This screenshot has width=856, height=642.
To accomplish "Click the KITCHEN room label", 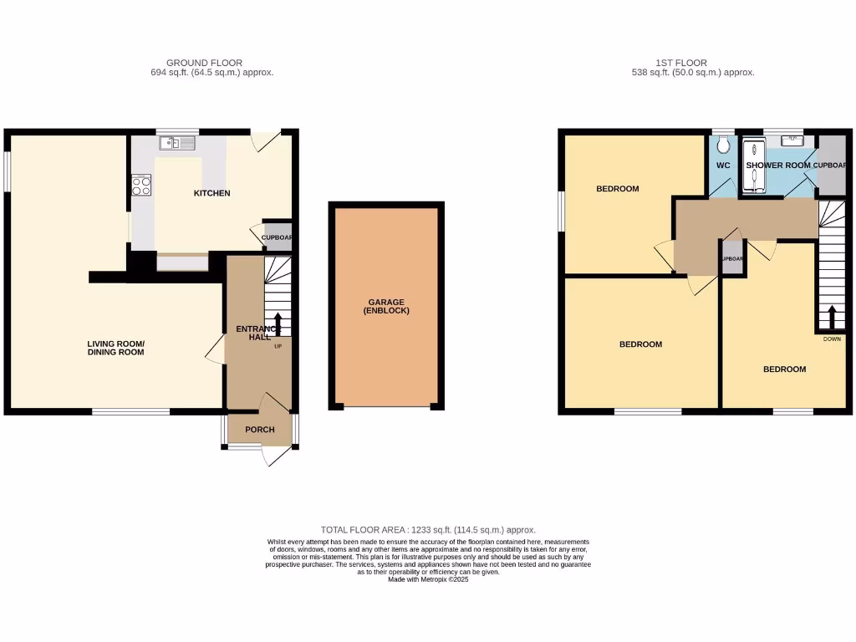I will [211, 193].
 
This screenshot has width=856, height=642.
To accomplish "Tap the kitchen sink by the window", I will [176, 144].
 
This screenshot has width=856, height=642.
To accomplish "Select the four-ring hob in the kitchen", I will [140, 185].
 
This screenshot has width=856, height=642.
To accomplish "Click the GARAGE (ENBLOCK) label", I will [386, 306].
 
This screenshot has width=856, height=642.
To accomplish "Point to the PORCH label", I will [259, 430].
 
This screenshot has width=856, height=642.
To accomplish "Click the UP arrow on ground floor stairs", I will [278, 322].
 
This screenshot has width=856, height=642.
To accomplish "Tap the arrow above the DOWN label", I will [832, 318].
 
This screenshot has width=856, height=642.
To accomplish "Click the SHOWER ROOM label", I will [778, 166].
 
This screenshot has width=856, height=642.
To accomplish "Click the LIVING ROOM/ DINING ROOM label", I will [116, 348].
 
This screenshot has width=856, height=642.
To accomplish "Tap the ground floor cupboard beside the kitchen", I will [278, 237].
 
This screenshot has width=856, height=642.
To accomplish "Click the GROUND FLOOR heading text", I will [204, 63].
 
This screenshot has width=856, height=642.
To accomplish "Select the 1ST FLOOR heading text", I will [681, 63].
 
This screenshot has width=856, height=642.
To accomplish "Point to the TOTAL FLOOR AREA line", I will [428, 530].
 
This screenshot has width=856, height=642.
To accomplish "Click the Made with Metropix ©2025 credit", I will [428, 579].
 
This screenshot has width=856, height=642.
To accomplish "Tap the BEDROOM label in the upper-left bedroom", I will [617, 189].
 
